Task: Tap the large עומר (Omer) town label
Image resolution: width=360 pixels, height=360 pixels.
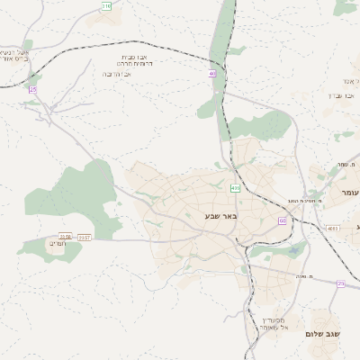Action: [349, 193]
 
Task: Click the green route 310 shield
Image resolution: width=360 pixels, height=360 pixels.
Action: [107, 5]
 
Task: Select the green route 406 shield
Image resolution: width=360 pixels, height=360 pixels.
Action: [235, 188]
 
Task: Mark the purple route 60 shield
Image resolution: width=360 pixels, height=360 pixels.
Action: [282, 220]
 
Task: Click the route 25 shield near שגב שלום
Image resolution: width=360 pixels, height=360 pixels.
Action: [340, 283]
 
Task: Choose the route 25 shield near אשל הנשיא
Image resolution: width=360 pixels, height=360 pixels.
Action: [33, 89]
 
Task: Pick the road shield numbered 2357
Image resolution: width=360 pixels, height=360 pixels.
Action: [84, 238]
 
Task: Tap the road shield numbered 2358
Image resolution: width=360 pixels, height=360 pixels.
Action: [65, 237]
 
